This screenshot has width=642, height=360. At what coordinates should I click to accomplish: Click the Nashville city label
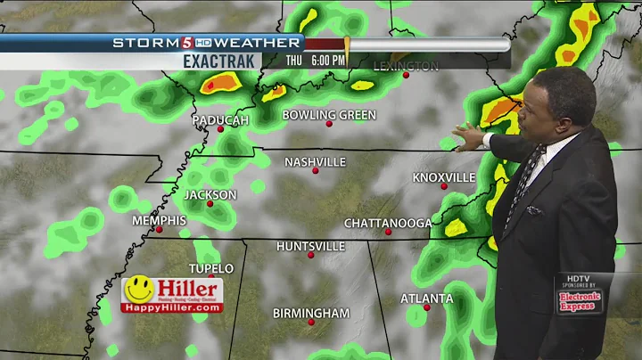tap(315, 161)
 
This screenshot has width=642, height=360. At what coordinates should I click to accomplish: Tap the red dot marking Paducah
tap(221, 129)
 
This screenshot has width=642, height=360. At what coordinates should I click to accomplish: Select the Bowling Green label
tap(329, 115)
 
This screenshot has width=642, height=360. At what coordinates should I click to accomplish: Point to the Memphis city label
tap(159, 220)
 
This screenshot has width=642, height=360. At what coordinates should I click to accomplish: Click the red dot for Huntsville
tap(310, 256)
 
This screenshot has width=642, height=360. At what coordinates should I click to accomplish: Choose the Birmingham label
tap(311, 313)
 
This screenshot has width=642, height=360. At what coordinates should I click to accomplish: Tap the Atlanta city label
tap(426, 298)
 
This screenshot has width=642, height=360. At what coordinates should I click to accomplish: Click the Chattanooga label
tap(388, 223)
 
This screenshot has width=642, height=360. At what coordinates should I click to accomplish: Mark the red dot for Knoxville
tap(443, 186)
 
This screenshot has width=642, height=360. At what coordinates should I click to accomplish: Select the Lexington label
tap(406, 66)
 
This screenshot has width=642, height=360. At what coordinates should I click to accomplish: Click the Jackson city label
tap(210, 194)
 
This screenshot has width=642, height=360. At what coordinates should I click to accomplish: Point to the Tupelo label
tap(210, 268)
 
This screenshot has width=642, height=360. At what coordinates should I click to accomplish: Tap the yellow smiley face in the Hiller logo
tap(136, 290)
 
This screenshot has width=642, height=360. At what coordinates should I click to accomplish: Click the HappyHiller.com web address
tap(172, 307)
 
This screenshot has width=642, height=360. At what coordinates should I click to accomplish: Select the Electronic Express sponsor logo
tap(580, 302)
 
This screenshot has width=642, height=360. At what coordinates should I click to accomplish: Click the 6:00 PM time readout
tap(328, 61)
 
